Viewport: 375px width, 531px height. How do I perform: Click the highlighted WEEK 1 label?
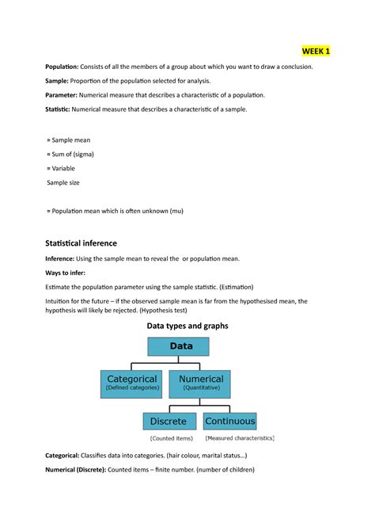(315, 52)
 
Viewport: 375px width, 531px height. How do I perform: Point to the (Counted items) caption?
(171, 437)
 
